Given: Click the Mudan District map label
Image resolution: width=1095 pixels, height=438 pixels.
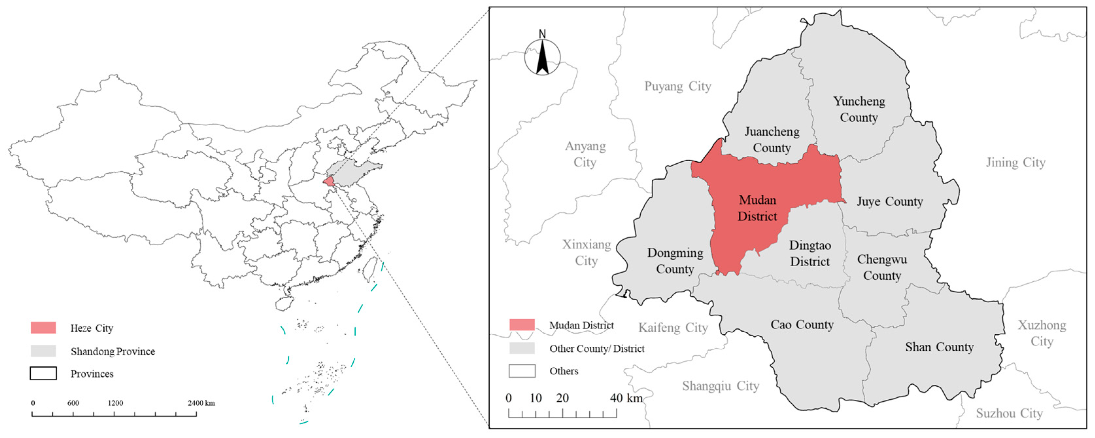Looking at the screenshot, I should pyautogui.click(x=757, y=208).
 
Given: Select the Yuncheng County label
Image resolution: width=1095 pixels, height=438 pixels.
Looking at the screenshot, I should pyautogui.click(x=859, y=109).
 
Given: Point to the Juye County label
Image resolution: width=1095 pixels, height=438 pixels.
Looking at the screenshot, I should pyautogui.click(x=890, y=201).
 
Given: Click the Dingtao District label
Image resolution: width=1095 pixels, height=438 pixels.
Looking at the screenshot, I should pyautogui.click(x=810, y=253).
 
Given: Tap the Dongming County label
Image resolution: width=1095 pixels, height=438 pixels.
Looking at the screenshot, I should pyautogui.click(x=675, y=261).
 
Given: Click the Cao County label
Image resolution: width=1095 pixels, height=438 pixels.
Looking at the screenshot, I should pyautogui.click(x=802, y=324).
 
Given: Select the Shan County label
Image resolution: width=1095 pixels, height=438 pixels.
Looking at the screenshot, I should pyautogui.click(x=939, y=347).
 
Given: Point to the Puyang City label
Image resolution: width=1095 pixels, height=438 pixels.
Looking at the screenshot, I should pyautogui.click(x=678, y=86).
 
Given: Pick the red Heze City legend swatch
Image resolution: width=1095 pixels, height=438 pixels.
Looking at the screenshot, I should pyautogui.click(x=43, y=327).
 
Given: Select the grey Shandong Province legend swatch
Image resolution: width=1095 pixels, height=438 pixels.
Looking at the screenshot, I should pyautogui.click(x=43, y=351).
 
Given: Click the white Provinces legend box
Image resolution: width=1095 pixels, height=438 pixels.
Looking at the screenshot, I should pyautogui.click(x=43, y=373).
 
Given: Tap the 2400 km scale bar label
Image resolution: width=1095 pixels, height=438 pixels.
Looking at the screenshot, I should pyautogui.click(x=201, y=403).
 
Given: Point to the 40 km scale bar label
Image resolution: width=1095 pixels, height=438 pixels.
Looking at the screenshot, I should pyautogui.click(x=626, y=398).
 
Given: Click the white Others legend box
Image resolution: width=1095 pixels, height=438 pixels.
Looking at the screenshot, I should pyautogui.click(x=522, y=371).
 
